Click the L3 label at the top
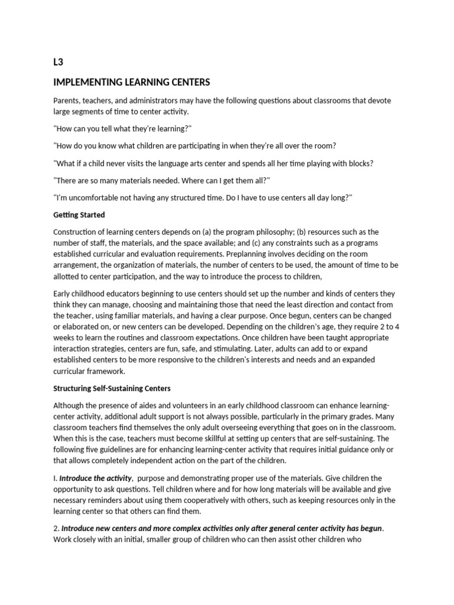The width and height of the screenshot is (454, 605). (x=58, y=61)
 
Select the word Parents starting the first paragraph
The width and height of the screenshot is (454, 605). (x=68, y=100)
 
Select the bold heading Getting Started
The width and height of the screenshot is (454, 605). (x=79, y=215)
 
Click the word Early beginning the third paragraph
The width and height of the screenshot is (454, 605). (x=63, y=294)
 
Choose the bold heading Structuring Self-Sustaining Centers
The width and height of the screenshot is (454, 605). (x=112, y=388)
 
